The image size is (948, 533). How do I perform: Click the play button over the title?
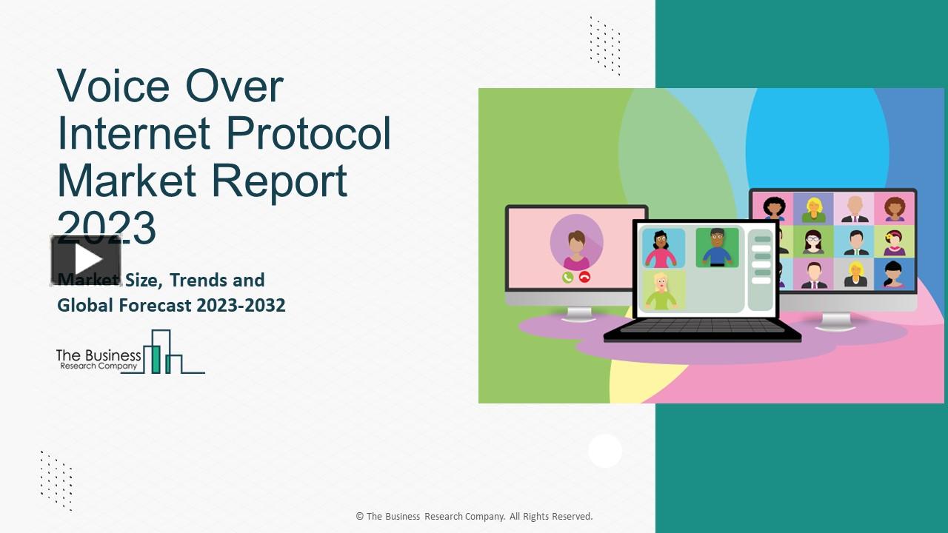pos(86,260)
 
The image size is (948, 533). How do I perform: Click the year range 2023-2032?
pos(241,305)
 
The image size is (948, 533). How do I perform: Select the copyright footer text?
pos(474,517)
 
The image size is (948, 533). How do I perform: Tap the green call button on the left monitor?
pos(567,277)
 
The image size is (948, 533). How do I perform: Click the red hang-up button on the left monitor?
pos(584,277)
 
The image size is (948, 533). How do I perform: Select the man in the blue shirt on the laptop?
pos(716,248)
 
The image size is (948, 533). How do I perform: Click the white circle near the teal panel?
pos(605,450)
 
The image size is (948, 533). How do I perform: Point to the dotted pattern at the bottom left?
pos(56,480)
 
